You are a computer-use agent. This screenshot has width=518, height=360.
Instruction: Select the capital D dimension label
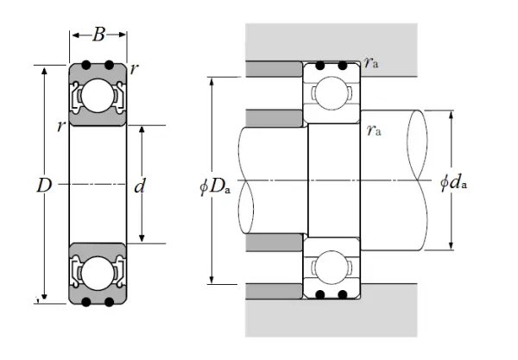(34, 184)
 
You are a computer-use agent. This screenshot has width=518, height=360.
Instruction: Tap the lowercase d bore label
(139, 185)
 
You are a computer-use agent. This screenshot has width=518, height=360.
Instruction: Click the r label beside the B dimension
(136, 67)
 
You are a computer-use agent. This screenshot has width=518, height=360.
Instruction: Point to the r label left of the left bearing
(60, 127)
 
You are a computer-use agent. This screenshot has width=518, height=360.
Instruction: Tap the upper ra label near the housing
(371, 62)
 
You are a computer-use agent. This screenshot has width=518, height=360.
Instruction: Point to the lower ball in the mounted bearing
(331, 267)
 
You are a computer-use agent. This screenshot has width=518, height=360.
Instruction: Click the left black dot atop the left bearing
(87, 66)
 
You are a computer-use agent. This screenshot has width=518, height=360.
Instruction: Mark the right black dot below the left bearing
(109, 301)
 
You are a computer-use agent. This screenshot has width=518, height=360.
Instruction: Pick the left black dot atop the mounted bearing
(319, 66)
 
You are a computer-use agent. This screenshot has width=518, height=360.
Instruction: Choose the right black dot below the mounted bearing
(343, 295)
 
